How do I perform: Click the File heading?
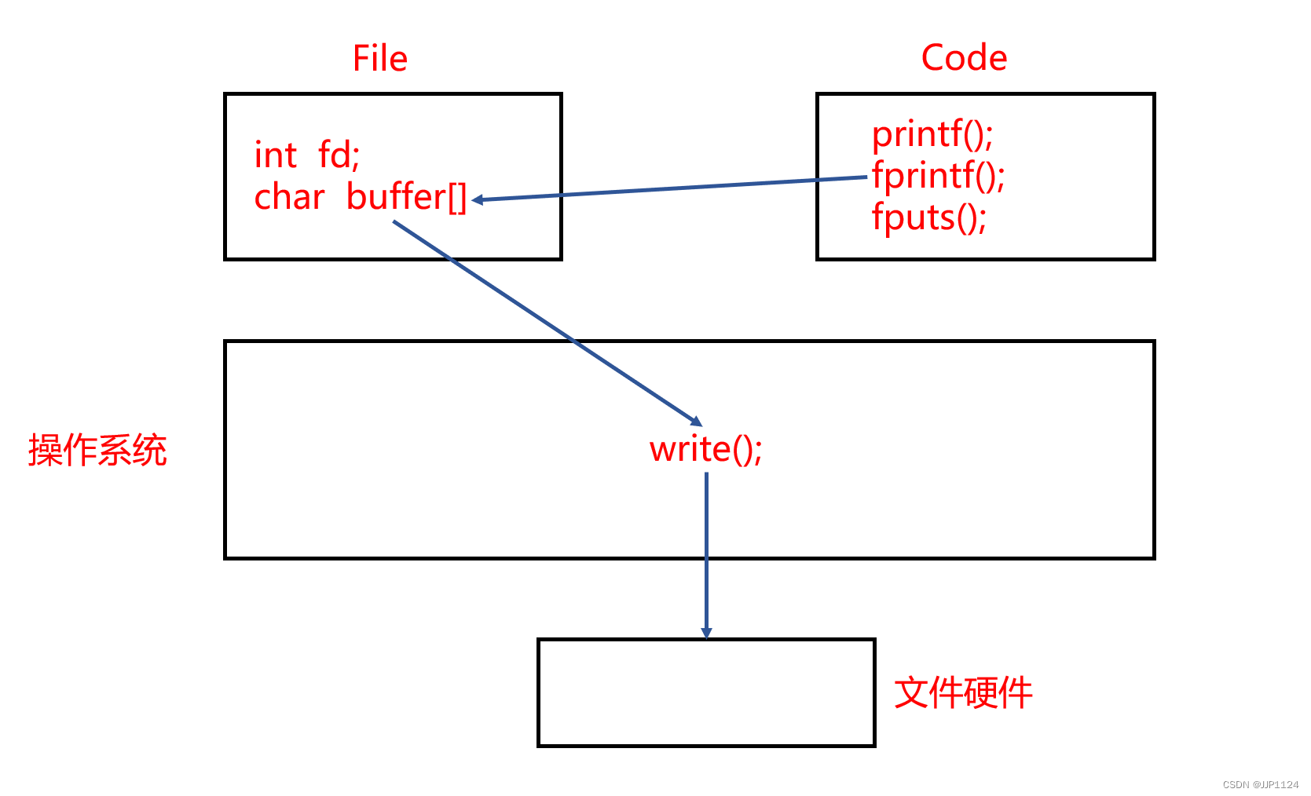[x=380, y=59]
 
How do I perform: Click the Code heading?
[x=964, y=58]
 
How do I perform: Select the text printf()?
[x=932, y=135]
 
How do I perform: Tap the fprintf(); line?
[x=939, y=176]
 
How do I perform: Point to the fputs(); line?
[x=929, y=217]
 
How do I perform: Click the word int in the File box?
[x=276, y=155]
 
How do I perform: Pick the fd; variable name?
[x=339, y=155]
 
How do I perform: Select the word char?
[x=289, y=197]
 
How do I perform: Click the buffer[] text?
[x=406, y=197]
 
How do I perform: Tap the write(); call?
[x=705, y=450]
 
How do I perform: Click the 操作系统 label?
[x=97, y=451]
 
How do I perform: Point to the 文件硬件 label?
[x=963, y=693]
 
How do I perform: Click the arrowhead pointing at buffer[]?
[x=477, y=200]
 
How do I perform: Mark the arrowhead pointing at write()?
[x=696, y=422]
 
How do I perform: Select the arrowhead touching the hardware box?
[x=706, y=633]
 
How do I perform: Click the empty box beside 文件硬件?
[x=706, y=693]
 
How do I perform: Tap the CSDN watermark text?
[x=1260, y=784]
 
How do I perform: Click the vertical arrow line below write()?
[x=706, y=550]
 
